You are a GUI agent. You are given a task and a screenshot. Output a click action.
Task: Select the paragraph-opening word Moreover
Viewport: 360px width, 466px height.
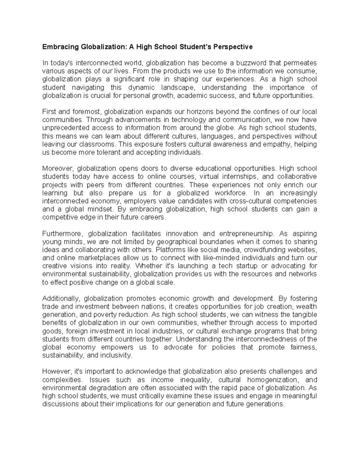pos(57,169)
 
